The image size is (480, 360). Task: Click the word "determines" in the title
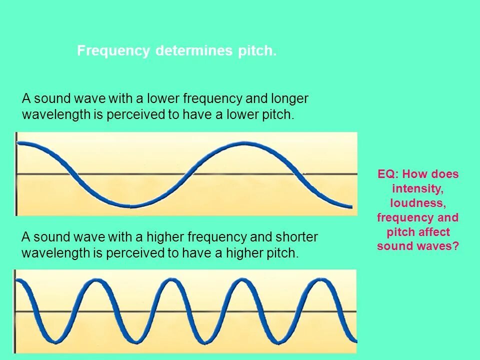(194, 51)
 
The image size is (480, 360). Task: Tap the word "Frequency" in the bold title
(113, 51)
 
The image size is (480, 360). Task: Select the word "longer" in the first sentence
(289, 98)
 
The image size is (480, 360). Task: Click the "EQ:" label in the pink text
(388, 174)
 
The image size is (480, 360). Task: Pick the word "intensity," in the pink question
(418, 189)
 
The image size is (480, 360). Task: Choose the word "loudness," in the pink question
(418, 203)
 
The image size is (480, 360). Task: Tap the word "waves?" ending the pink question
(440, 246)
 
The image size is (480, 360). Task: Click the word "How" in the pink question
(413, 174)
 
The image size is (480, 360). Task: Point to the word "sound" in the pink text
(395, 246)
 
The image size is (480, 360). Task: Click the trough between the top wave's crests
(131, 205)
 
